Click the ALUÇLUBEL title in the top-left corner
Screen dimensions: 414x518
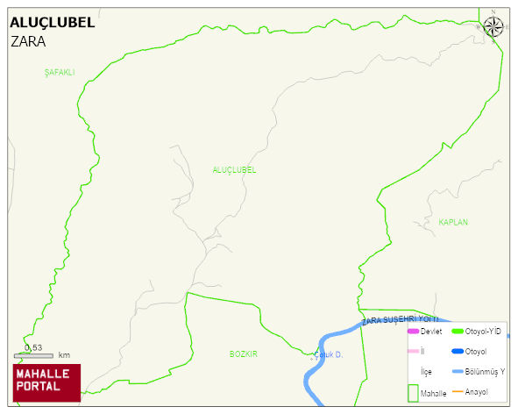pos(52,23)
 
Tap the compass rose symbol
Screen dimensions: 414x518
pos(493,26)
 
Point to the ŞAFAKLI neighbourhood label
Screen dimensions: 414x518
pos(60,73)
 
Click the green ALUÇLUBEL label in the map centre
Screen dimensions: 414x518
pos(234,170)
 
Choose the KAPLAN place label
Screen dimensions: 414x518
pos(453,223)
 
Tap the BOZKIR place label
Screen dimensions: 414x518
pos(243,354)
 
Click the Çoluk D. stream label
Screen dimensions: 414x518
pos(328,355)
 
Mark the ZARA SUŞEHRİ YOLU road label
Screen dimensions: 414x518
pos(399,320)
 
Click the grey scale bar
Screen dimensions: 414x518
pos(33,355)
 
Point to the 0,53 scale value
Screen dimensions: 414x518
pos(33,347)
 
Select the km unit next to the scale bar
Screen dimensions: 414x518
pos(64,355)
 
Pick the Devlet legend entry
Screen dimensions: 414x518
pos(430,332)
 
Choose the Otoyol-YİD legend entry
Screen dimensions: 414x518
pos(483,332)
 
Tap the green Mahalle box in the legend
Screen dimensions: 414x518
pos(414,393)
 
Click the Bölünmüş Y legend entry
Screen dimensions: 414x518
pos(485,371)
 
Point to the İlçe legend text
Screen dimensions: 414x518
pos(426,372)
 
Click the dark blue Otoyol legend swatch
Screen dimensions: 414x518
pos(457,352)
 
